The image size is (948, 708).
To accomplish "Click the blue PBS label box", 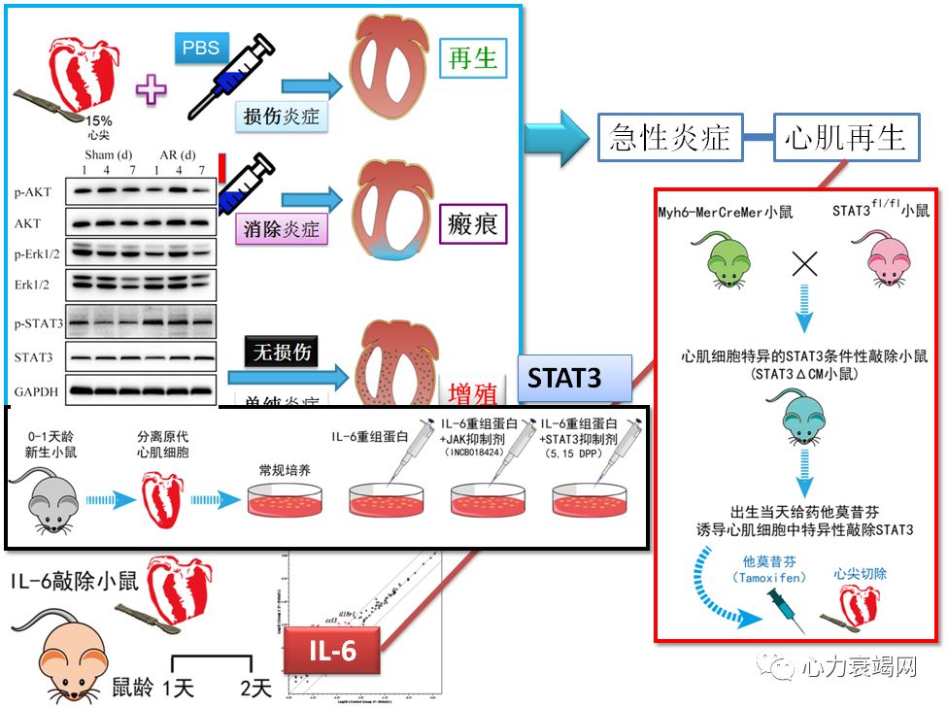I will [201, 48].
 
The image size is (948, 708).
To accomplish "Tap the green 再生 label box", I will [473, 59].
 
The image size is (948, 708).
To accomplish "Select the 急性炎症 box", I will [669, 137].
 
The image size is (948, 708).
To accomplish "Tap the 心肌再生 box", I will [846, 137].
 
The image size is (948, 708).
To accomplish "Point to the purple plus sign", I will [151, 89].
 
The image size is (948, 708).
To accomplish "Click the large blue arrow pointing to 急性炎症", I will [557, 137].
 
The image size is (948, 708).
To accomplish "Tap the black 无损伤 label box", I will [282, 352].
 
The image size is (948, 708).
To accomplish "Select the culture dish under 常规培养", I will [283, 500].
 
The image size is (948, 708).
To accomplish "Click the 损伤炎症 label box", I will [282, 117].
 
